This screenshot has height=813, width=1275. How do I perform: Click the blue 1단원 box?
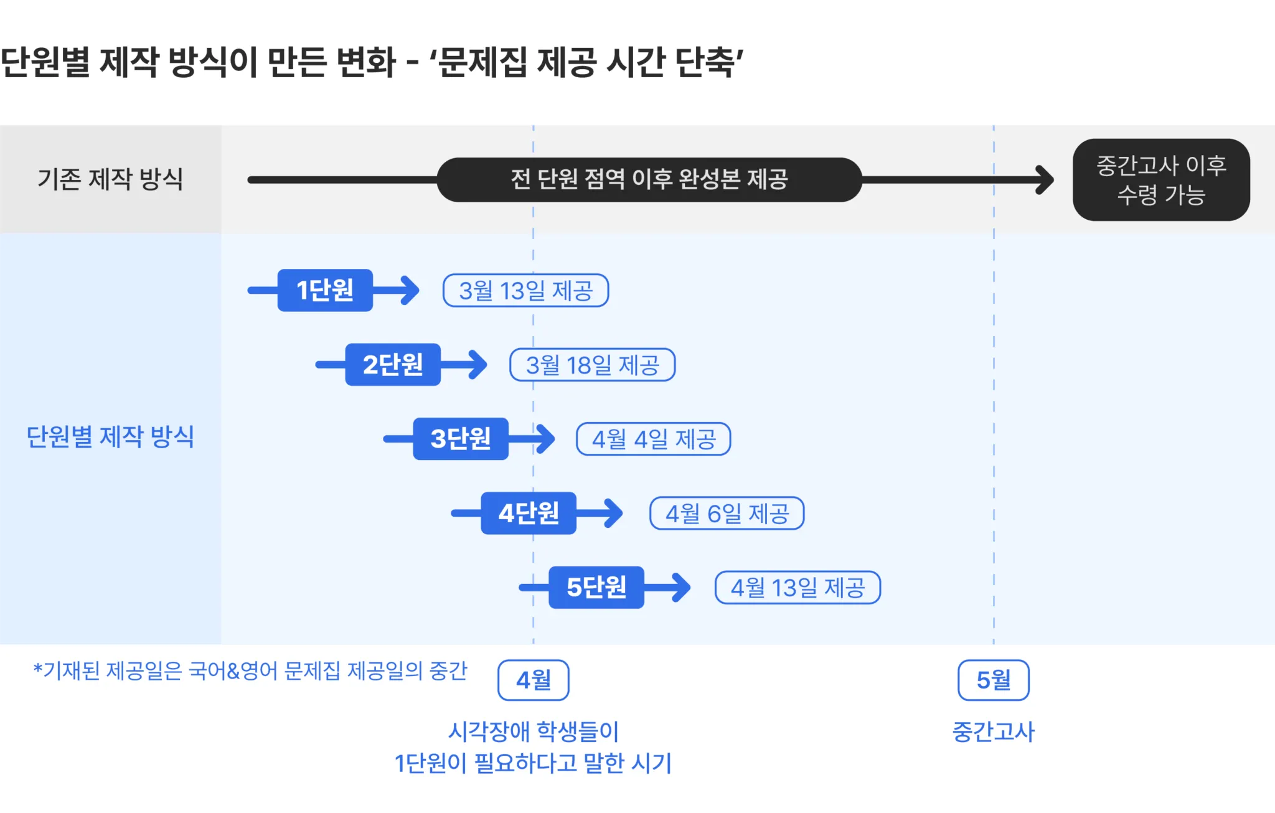[325, 290]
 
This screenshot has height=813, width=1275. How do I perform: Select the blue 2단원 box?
[393, 365]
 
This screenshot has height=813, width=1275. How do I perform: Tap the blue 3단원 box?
[461, 439]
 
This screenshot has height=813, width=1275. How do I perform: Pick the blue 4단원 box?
[529, 513]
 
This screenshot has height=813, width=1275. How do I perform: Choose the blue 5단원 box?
[596, 587]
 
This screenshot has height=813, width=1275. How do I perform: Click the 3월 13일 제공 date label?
[525, 291]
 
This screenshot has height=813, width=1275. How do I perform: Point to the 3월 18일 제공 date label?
[592, 365]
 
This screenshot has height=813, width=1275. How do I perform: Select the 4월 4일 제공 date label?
[653, 439]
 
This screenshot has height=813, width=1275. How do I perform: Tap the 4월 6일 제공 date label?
[727, 514]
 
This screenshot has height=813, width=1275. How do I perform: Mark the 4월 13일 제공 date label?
[797, 588]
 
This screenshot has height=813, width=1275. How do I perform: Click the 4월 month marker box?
[534, 680]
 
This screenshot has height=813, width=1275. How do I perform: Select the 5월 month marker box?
[993, 680]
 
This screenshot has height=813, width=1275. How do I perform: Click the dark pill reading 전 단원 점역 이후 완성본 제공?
[649, 180]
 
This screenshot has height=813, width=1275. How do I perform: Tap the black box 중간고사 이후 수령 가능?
[1161, 180]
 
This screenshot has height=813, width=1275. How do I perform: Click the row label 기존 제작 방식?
[110, 179]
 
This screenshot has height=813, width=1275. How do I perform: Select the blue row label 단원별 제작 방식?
[110, 436]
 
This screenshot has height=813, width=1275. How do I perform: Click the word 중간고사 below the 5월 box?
[993, 731]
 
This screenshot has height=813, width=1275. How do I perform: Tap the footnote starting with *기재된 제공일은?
[250, 671]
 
